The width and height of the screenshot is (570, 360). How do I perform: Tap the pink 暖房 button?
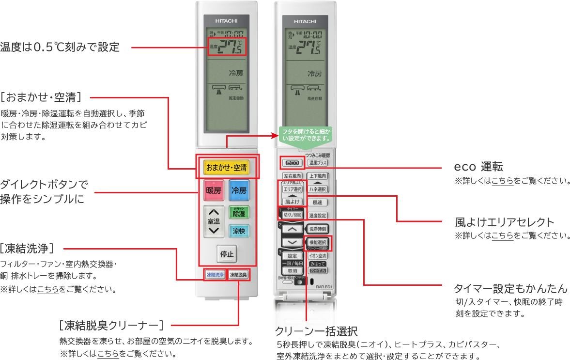[214, 190]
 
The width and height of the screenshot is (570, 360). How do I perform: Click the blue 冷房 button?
[239, 190]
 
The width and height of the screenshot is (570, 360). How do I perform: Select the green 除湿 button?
[239, 212]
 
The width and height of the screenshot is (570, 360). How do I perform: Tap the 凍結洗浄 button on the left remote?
[215, 275]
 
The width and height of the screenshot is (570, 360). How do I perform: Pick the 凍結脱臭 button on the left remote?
[238, 275]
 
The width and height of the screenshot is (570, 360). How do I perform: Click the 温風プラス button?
[318, 163]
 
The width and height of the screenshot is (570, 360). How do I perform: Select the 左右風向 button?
[292, 176]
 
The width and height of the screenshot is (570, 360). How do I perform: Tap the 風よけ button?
[292, 202]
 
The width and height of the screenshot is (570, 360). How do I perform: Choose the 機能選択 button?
[318, 242]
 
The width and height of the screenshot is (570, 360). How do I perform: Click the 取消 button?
[292, 271]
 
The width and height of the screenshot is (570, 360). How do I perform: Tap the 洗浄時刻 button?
[318, 229]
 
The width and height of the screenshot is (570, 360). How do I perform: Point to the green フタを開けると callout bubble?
[306, 135]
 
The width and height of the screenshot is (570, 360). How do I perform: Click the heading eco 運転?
[478, 167]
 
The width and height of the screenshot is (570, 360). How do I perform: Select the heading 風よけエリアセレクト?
[504, 222]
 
